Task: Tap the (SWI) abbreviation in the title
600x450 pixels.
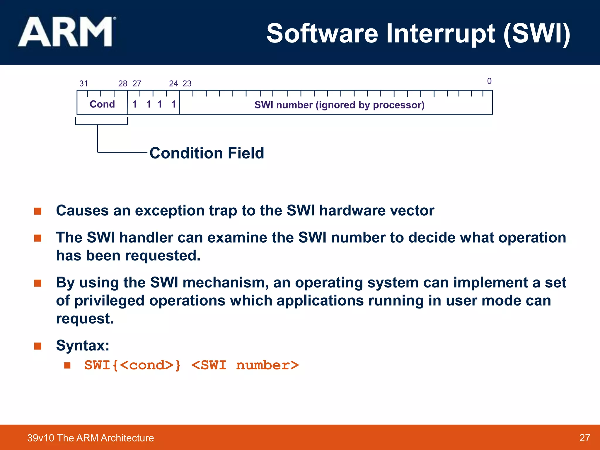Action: (537, 34)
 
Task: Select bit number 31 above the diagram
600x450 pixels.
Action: (83, 84)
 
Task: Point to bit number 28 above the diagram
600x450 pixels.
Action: (122, 84)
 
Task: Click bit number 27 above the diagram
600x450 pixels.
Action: (137, 84)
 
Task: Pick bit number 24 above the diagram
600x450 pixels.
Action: (173, 84)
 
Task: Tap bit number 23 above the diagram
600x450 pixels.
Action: (187, 84)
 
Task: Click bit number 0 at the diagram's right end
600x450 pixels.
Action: (489, 81)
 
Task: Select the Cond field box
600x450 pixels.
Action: (102, 104)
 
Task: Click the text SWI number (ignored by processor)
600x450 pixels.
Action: (339, 105)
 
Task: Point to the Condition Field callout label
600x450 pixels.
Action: (207, 153)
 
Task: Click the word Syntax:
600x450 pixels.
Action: (83, 345)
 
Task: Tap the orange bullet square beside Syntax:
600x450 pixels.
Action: (38, 346)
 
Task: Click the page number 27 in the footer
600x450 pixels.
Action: (584, 438)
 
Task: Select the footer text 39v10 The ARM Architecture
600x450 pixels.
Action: (91, 438)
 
